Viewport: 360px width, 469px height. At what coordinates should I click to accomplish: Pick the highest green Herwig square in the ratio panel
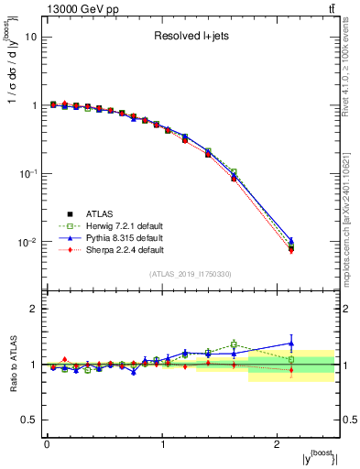click(x=234, y=344)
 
